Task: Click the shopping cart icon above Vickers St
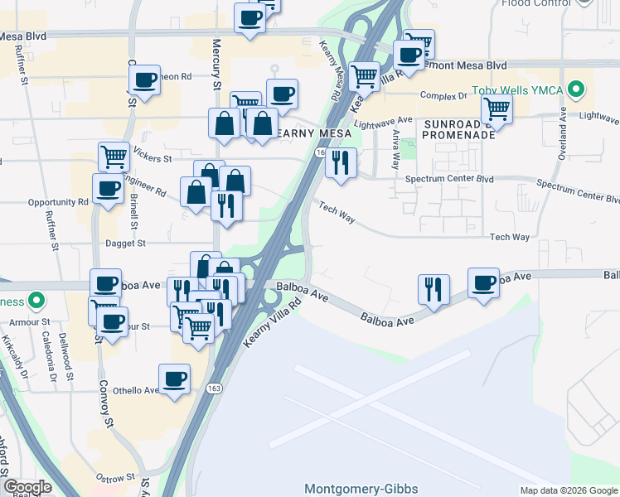click(113, 156)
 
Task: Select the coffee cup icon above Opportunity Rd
click(108, 189)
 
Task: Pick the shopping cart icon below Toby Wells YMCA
click(496, 108)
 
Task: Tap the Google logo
click(27, 487)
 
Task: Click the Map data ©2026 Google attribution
click(568, 490)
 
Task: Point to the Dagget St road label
click(126, 244)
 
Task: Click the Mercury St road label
click(216, 63)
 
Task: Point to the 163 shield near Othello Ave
click(215, 388)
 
